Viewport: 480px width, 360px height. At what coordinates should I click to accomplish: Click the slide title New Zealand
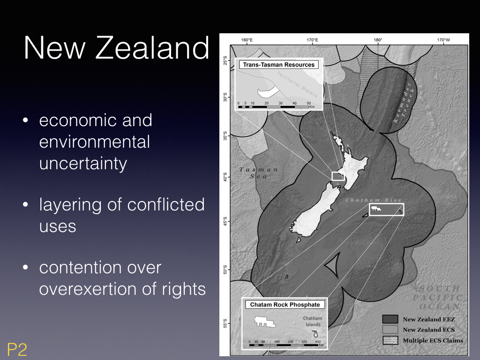tap(116, 48)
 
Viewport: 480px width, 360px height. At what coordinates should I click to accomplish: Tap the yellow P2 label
tap(17, 349)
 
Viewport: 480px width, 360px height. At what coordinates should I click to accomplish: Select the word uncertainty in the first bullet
tap(83, 164)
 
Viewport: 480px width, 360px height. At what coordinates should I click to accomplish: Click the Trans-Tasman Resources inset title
tap(278, 65)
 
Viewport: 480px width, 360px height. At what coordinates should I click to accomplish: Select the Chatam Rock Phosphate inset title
tap(285, 305)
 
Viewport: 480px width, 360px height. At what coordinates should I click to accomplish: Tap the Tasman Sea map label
tap(258, 173)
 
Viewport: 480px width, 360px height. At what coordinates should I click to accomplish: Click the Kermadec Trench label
tap(404, 102)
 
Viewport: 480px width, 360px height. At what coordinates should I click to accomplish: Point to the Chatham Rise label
tap(374, 200)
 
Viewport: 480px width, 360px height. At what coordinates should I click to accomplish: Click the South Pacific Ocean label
tap(438, 297)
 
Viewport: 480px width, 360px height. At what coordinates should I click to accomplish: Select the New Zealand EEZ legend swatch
tap(390, 319)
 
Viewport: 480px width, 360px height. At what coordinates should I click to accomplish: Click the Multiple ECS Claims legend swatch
tap(390, 340)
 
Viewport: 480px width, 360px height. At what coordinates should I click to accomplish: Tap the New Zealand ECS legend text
tap(428, 330)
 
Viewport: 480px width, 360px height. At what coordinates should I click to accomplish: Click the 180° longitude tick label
tap(378, 40)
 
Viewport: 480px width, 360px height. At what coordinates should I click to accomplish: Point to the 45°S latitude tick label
tap(225, 222)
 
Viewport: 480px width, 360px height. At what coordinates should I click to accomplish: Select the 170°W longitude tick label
tap(443, 40)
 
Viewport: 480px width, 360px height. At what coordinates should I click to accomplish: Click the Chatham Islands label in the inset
tap(313, 322)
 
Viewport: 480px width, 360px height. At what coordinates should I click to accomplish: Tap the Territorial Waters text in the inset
tap(297, 84)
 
